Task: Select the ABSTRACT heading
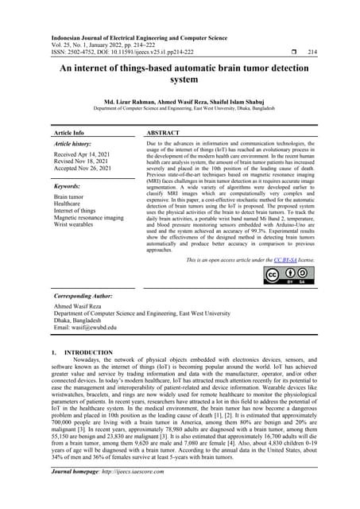165,133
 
